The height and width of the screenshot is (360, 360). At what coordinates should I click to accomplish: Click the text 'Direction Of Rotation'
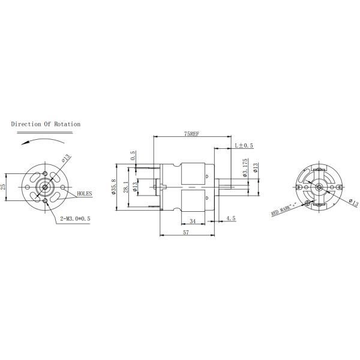tap(46, 124)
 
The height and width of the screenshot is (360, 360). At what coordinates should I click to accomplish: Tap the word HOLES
tap(85, 194)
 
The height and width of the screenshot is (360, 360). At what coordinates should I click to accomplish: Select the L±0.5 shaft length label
tap(244, 146)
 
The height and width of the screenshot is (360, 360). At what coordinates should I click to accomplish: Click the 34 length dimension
tap(191, 221)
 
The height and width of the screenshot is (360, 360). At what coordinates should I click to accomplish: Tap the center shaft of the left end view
tap(46, 187)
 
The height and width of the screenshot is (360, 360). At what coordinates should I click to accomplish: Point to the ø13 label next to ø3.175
tap(256, 168)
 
